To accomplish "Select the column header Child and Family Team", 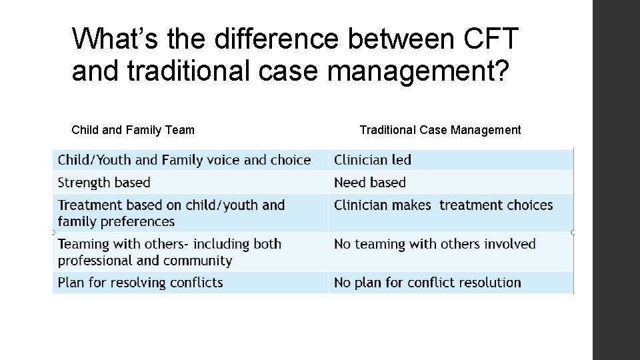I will pyautogui.click(x=133, y=130).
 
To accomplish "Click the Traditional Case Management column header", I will pyautogui.click(x=440, y=130).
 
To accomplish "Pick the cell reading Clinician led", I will pyautogui.click(x=373, y=160).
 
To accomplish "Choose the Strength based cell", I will pyautogui.click(x=104, y=183).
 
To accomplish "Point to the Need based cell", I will pyautogui.click(x=370, y=183).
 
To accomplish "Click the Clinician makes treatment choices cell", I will pyautogui.click(x=443, y=205).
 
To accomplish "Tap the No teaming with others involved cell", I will pyautogui.click(x=435, y=244).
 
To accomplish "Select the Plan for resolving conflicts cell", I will pyautogui.click(x=140, y=283).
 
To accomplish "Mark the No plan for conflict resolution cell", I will pyautogui.click(x=427, y=283).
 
